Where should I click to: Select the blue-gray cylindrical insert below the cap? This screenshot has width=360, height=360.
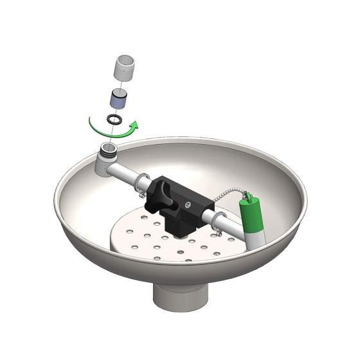118,98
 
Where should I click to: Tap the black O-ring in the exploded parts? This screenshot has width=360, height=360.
115,120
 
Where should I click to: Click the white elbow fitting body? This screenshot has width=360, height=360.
105,165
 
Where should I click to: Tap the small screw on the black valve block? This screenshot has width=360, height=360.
187,205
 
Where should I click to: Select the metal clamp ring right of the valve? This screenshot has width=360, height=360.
219,221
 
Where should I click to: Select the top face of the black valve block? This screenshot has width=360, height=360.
186,188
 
